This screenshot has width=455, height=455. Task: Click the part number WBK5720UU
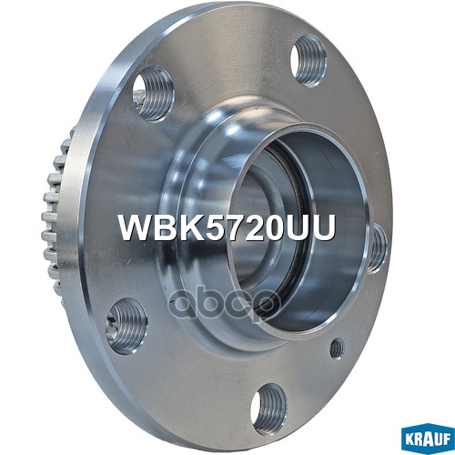(227, 228)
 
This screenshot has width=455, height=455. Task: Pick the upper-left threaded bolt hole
(152, 93)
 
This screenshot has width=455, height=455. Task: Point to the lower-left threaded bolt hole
(125, 325)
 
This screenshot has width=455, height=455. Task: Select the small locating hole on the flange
(336, 348)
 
